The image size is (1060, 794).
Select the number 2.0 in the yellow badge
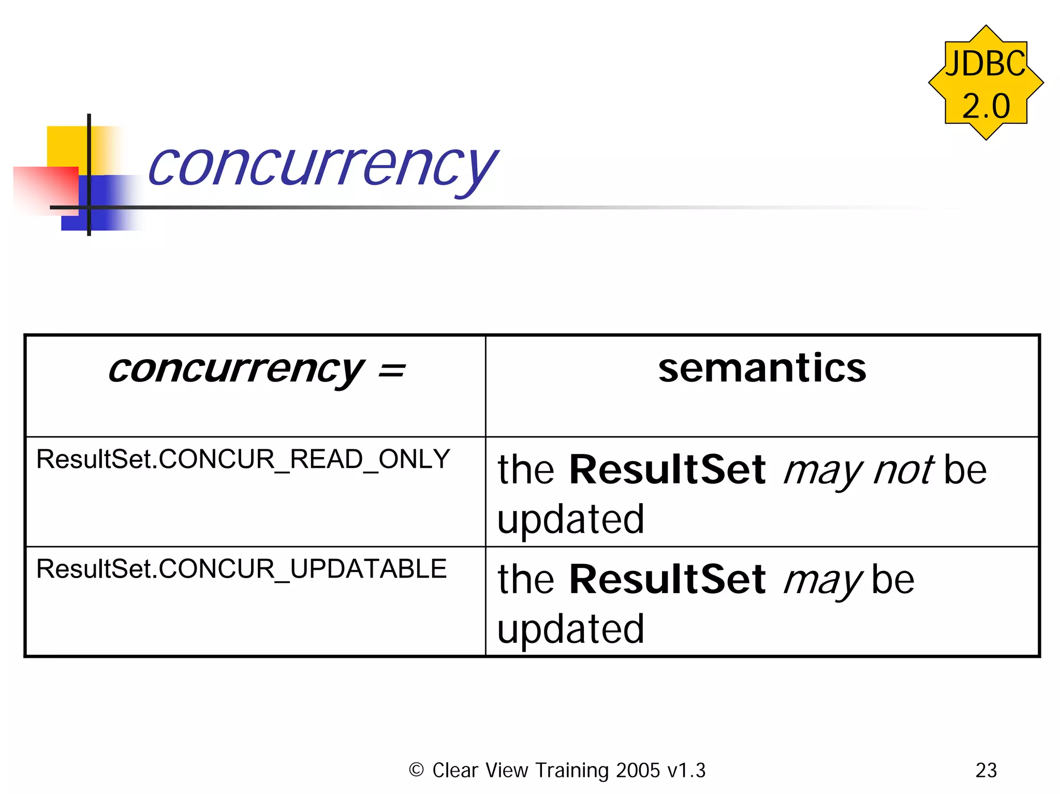986,106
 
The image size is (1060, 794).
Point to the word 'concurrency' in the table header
235,370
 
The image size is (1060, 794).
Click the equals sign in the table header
391,371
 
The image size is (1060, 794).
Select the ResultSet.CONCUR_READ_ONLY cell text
243,459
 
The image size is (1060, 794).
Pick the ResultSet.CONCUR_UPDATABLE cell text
241,569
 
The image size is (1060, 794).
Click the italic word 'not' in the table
903,470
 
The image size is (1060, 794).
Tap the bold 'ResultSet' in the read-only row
667,469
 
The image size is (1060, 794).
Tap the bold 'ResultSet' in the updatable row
667,579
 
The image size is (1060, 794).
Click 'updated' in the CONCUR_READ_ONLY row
571,519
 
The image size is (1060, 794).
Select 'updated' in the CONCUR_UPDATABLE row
571,629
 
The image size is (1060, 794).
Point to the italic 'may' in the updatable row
823,581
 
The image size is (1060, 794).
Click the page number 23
986,770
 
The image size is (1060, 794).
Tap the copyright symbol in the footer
416,770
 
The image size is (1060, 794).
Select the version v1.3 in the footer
686,770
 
